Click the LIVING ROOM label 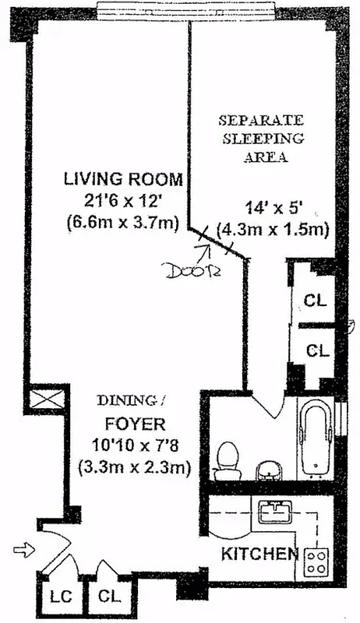[x=123, y=179]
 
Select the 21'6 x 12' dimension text [x=123, y=201]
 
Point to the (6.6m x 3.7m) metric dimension [x=123, y=223]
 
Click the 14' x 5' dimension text [x=268, y=209]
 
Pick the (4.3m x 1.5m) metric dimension [x=274, y=231]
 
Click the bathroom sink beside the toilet [x=267, y=470]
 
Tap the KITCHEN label [x=259, y=554]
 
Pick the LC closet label [x=58, y=599]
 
